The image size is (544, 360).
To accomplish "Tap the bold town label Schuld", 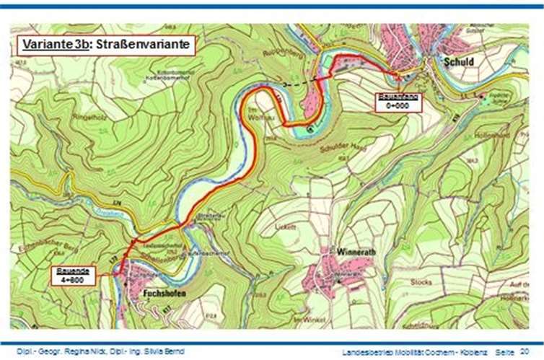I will pyautogui.click(x=460, y=62).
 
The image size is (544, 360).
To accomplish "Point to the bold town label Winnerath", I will pyautogui.click(x=356, y=253).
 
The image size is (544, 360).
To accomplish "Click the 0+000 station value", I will pyautogui.click(x=397, y=105).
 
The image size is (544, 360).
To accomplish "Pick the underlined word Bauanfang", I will pyautogui.click(x=397, y=97).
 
